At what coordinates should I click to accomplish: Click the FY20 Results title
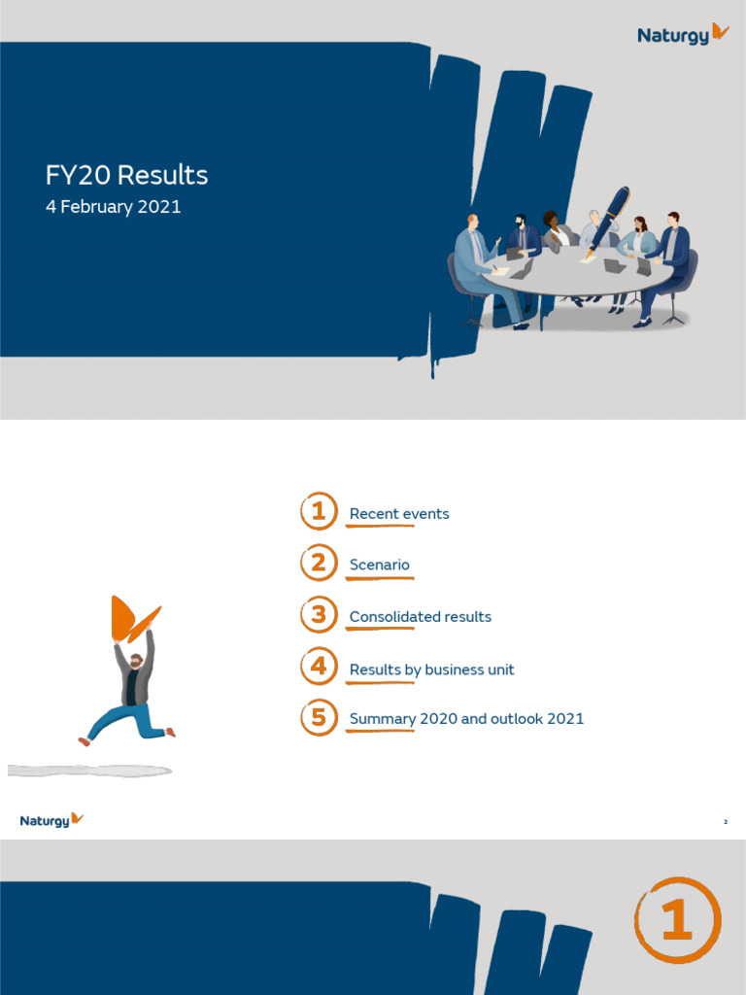click(x=126, y=176)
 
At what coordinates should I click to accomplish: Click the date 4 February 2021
click(x=113, y=207)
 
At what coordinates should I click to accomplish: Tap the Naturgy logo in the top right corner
click(x=683, y=34)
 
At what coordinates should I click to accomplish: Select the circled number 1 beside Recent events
click(x=319, y=511)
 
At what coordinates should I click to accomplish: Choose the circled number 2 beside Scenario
click(x=319, y=563)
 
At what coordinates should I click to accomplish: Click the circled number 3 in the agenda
click(x=319, y=615)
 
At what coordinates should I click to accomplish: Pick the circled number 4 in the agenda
click(x=319, y=668)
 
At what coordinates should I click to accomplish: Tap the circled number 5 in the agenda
click(x=319, y=718)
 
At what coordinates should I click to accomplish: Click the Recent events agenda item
click(x=399, y=514)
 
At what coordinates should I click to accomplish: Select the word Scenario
click(x=380, y=566)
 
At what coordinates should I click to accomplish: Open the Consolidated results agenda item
click(x=421, y=617)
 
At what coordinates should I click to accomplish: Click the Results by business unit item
click(x=432, y=669)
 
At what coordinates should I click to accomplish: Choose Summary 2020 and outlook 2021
click(x=466, y=719)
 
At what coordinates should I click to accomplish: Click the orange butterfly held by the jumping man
click(x=133, y=619)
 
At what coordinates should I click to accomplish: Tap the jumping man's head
click(x=136, y=661)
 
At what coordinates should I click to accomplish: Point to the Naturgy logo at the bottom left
click(x=51, y=820)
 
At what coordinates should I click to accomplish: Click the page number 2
click(x=726, y=822)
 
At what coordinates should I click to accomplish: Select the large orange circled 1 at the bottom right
click(x=677, y=919)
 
